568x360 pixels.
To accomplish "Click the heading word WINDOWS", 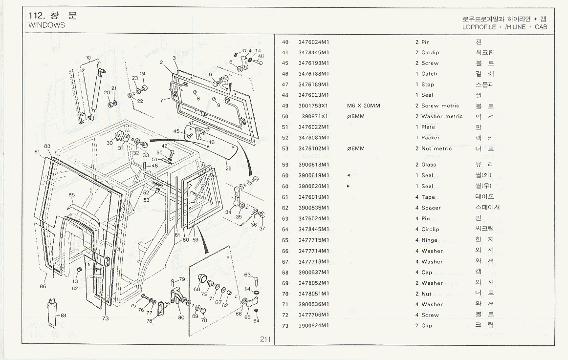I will (x=46, y=25).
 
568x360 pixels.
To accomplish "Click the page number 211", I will (x=265, y=339).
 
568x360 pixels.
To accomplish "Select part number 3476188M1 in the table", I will (x=313, y=74).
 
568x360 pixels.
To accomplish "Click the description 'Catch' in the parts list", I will (x=429, y=74).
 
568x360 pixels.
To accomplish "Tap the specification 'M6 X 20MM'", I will (x=363, y=106).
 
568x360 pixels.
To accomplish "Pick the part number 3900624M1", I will (x=313, y=326).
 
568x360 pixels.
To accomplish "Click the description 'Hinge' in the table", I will (x=430, y=240).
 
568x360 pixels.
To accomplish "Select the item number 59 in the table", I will (x=285, y=165).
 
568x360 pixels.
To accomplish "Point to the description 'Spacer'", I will (x=431, y=208).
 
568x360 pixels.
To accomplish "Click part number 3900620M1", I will (x=313, y=186).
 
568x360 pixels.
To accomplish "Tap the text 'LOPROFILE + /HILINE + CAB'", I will (x=504, y=27).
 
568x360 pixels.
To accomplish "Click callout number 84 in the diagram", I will (x=64, y=315).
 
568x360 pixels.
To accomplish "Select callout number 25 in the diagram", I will (x=228, y=169).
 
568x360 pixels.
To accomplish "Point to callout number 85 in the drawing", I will (x=72, y=195).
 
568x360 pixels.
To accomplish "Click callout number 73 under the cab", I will (x=105, y=319).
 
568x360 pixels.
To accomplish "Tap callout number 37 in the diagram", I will (x=262, y=229).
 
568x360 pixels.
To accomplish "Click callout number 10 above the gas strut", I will (x=88, y=58).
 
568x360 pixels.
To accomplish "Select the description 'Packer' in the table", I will (x=430, y=138).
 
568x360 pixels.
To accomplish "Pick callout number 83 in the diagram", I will (x=47, y=146).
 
